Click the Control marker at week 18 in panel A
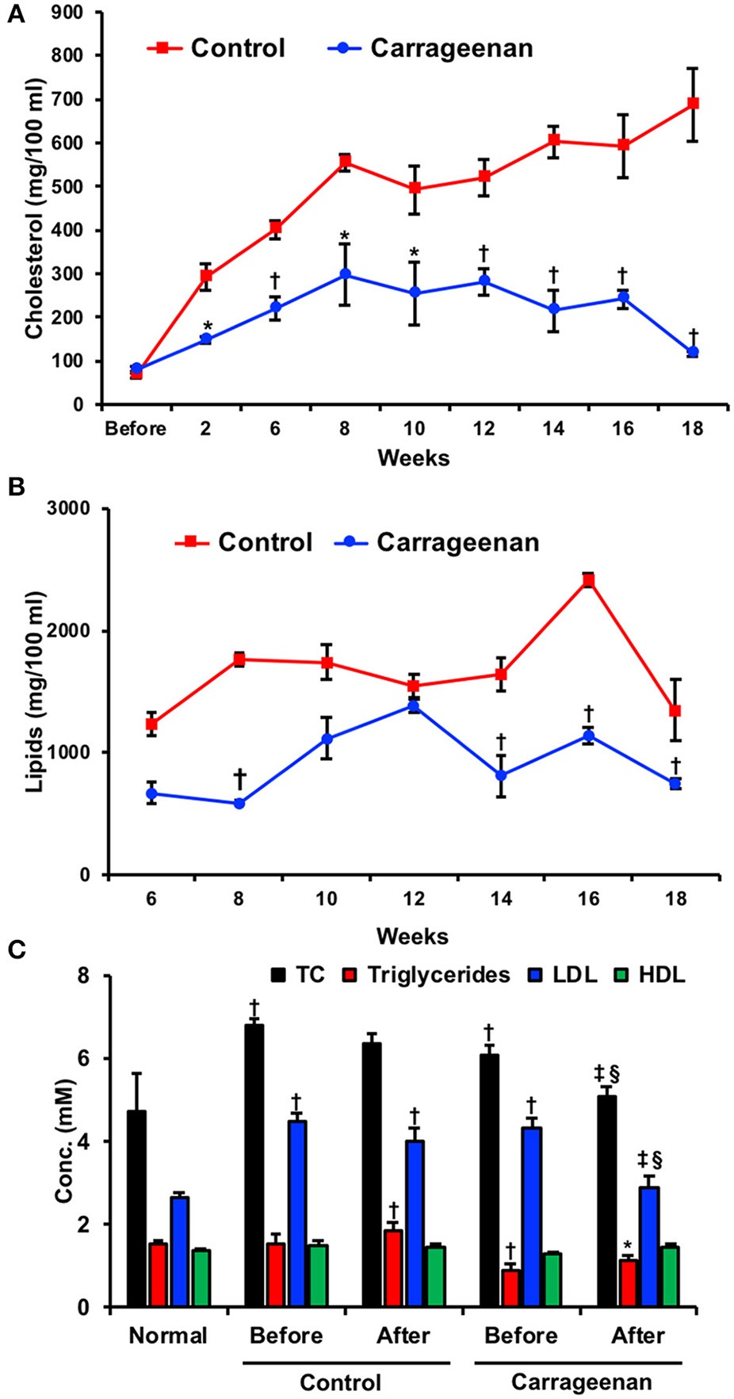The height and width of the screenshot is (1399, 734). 693,103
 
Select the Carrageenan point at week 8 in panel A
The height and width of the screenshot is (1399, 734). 345,274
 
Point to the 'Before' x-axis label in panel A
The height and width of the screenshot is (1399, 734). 136,430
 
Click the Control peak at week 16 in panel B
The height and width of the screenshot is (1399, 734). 588,580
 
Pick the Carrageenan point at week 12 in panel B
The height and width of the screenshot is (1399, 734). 413,705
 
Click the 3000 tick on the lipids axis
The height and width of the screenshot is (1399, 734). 78,509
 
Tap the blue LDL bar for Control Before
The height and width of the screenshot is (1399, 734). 298,1214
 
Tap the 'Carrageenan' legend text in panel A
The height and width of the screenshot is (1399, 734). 451,48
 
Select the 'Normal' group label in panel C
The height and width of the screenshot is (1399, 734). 168,1336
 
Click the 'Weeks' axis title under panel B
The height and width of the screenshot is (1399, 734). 412,936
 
